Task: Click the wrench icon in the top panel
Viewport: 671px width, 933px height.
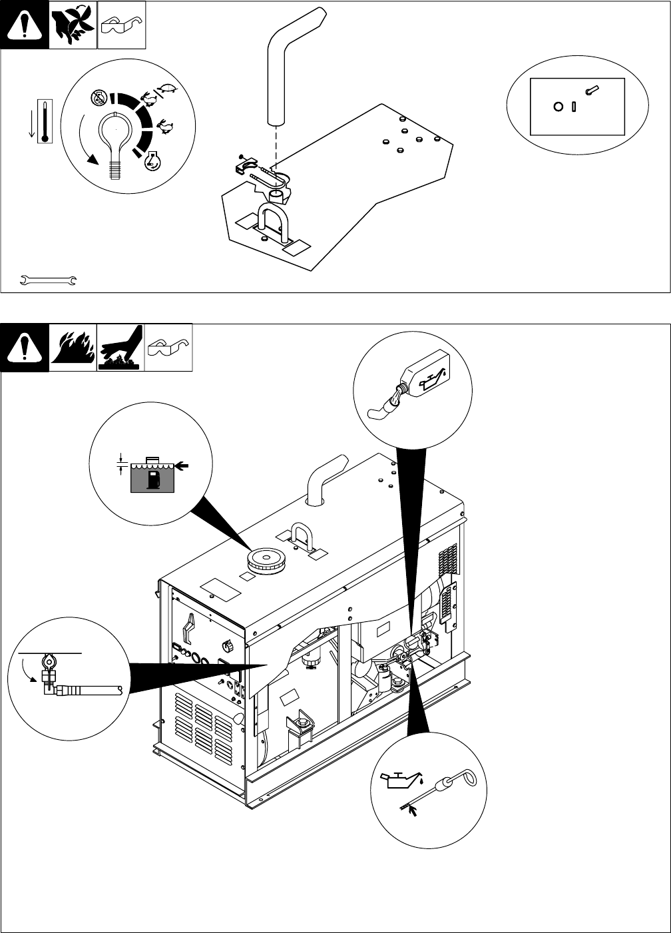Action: pyautogui.click(x=49, y=280)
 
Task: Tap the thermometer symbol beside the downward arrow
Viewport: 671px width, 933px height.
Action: pyautogui.click(x=45, y=122)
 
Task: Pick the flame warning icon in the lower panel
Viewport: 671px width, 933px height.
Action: pyautogui.click(x=73, y=348)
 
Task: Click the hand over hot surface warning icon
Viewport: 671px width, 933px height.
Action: pyautogui.click(x=120, y=348)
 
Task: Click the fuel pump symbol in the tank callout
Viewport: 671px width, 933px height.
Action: pyautogui.click(x=154, y=479)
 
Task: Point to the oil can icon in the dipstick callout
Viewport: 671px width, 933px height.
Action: pyautogui.click(x=401, y=782)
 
